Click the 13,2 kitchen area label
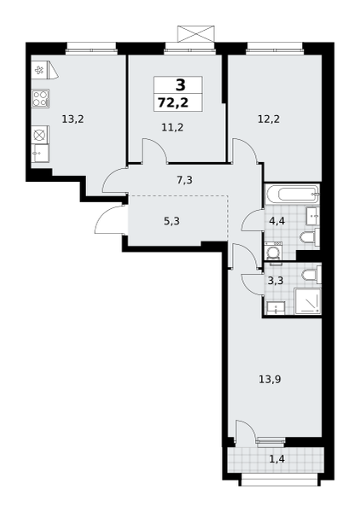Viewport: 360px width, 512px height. pyautogui.click(x=73, y=119)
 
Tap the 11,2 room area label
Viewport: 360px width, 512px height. pyautogui.click(x=172, y=127)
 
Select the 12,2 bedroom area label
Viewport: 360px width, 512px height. pyautogui.click(x=269, y=119)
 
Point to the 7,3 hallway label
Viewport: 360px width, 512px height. pyautogui.click(x=185, y=180)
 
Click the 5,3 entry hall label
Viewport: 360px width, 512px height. pyautogui.click(x=171, y=222)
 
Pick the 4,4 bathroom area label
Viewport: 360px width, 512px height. pyautogui.click(x=277, y=221)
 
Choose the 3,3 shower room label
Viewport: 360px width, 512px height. pyautogui.click(x=276, y=281)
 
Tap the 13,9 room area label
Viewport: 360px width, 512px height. pyautogui.click(x=270, y=380)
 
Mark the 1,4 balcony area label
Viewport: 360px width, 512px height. pyautogui.click(x=276, y=459)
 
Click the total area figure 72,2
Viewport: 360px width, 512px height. pyautogui.click(x=173, y=103)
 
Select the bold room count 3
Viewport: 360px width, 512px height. pyautogui.click(x=181, y=84)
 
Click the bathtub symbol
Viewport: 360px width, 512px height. pyautogui.click(x=292, y=195)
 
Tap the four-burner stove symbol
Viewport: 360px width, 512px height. pyautogui.click(x=41, y=98)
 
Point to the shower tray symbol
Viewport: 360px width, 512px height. pyautogui.click(x=307, y=301)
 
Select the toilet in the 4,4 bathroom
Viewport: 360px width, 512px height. pyautogui.click(x=310, y=237)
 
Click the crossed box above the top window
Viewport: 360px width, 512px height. pyautogui.click(x=196, y=34)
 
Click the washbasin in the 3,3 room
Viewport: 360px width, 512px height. pyautogui.click(x=276, y=308)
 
